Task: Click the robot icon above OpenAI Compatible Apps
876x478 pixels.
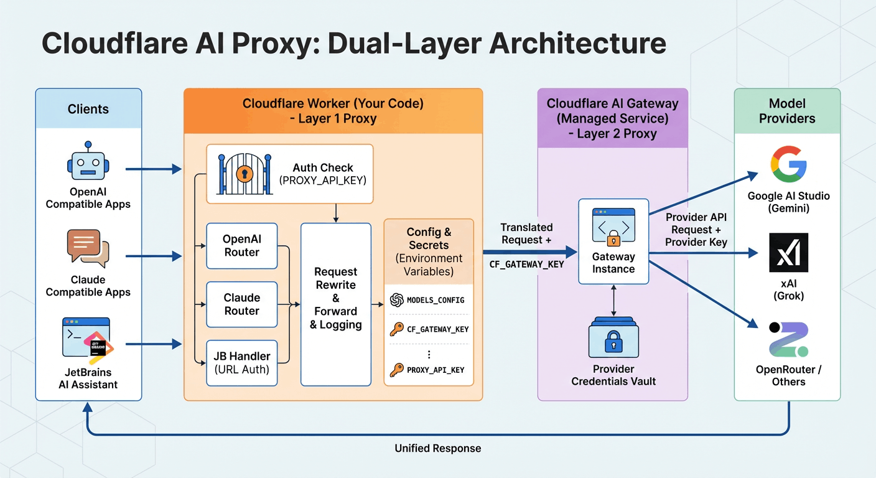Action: [88, 161]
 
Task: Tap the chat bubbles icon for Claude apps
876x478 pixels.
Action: [88, 249]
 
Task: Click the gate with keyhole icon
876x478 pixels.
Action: [243, 174]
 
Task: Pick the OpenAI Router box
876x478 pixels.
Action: [241, 245]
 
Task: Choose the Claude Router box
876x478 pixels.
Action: [241, 304]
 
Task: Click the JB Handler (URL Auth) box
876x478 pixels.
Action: [241, 362]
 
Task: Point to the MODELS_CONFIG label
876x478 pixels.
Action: [436, 300]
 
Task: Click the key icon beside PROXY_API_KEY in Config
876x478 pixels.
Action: [396, 370]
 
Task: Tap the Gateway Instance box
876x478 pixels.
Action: [613, 241]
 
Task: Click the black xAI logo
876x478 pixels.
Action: [788, 253]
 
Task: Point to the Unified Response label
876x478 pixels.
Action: [437, 448]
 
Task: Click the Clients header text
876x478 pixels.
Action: [88, 109]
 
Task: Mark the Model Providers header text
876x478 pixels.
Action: [787, 111]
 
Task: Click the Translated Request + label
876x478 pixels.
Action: [526, 233]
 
